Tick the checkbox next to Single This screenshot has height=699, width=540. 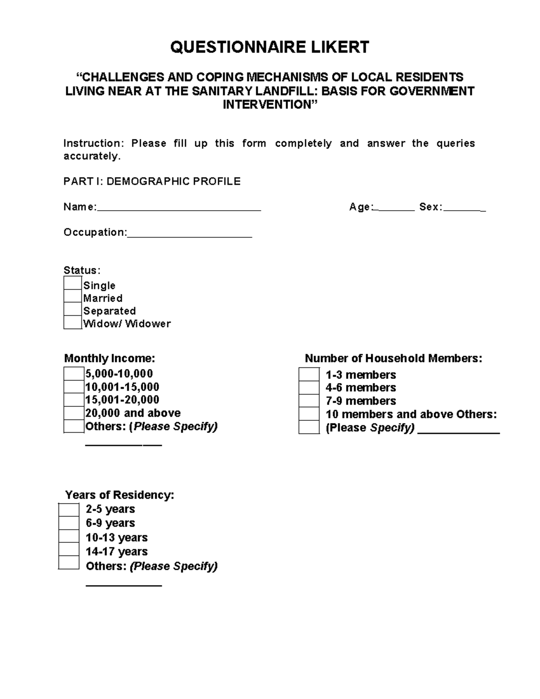[x=72, y=284]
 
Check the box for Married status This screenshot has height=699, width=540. [x=72, y=297]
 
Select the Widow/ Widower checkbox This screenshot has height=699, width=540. [x=72, y=323]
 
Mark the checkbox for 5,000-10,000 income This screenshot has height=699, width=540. [x=74, y=374]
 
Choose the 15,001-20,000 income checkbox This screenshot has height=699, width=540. [x=74, y=400]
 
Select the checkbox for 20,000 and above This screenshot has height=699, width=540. [x=74, y=413]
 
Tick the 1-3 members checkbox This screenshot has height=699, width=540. [x=309, y=375]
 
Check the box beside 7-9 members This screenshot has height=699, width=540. [x=309, y=401]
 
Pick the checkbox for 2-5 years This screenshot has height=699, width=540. [x=69, y=510]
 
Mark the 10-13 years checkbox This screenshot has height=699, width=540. [x=69, y=537]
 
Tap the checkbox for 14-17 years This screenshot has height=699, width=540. [x=69, y=550]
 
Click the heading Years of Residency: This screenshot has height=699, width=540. [x=119, y=495]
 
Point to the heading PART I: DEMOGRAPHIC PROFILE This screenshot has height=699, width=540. [x=152, y=181]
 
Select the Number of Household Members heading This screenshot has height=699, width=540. [x=393, y=359]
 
